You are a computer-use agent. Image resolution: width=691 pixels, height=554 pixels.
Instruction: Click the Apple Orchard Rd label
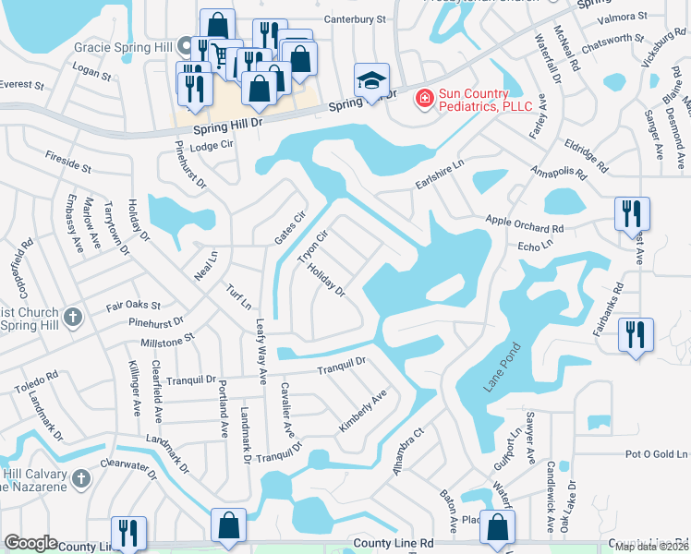coord(525,224)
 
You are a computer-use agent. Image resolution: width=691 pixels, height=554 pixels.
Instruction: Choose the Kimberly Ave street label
coord(362,411)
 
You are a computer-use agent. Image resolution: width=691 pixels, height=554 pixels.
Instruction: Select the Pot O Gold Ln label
coord(657,454)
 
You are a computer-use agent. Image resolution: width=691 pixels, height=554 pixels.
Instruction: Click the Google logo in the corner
coord(30,542)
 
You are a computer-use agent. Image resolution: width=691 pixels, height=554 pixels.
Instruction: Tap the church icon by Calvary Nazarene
coord(81,478)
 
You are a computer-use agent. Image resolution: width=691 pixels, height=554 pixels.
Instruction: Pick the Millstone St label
coord(166,340)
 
